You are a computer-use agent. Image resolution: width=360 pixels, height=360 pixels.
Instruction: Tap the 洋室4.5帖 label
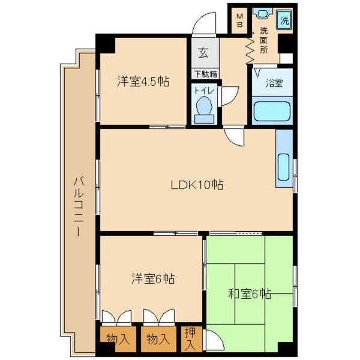143,82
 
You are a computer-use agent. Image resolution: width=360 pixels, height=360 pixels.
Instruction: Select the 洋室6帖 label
153,279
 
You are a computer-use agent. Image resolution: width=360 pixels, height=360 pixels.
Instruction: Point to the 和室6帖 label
249,294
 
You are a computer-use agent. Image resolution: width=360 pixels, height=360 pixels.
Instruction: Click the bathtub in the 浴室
272,112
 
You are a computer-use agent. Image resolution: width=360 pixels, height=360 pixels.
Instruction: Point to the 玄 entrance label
204,53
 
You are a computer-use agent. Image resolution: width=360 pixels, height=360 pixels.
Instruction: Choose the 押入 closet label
190,338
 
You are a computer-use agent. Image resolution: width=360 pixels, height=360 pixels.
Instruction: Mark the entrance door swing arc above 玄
205,25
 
